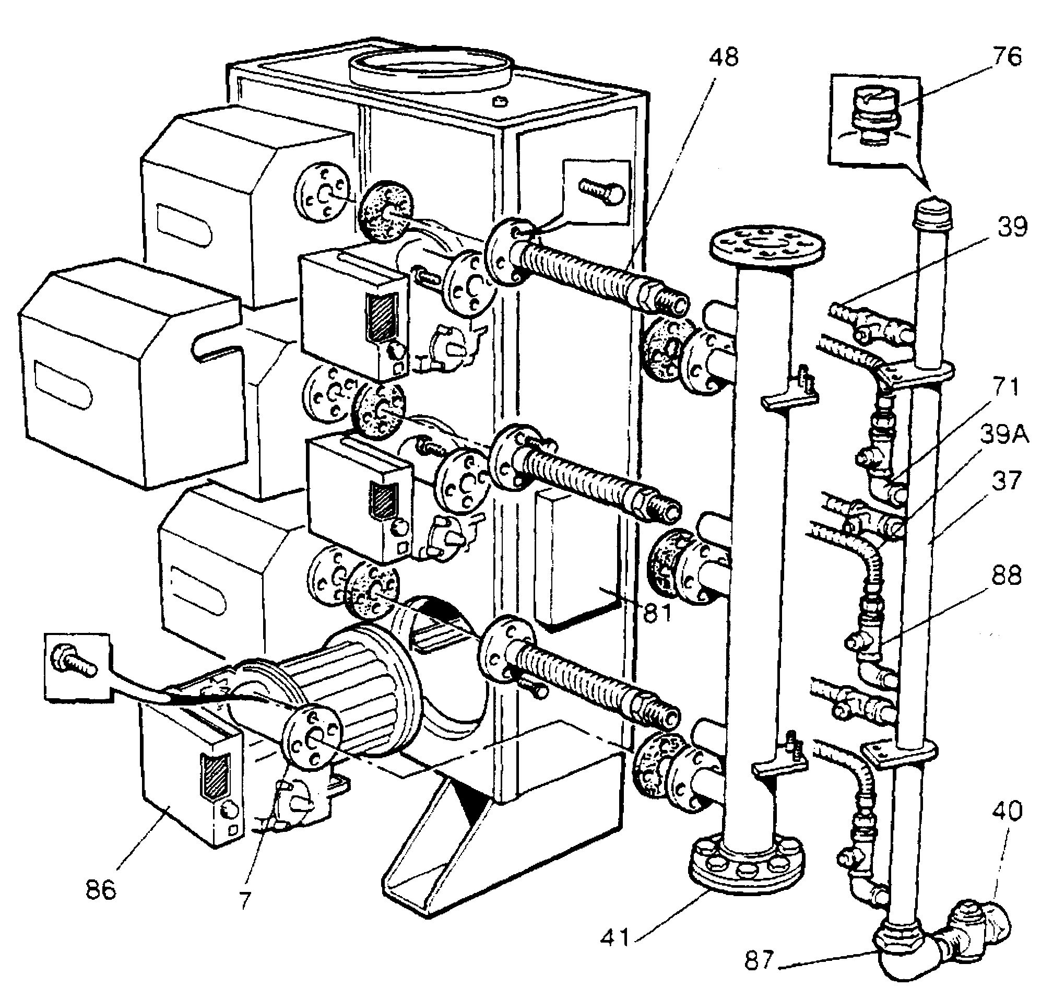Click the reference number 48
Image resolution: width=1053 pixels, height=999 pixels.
coord(724,57)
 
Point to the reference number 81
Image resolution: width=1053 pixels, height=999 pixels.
coord(657,613)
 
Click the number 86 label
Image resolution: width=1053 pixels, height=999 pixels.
coord(101,889)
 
